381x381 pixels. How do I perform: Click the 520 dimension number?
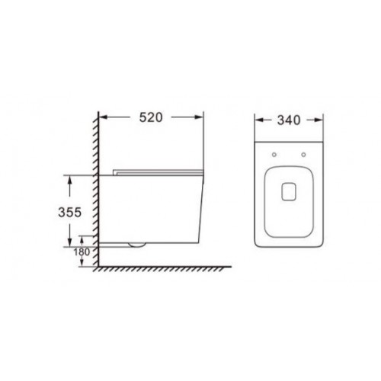click(x=151, y=117)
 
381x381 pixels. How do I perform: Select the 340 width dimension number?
click(x=289, y=120)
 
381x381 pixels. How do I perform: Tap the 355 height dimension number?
click(x=69, y=212)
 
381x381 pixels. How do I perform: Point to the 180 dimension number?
click(x=82, y=252)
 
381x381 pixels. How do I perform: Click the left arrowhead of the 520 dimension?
click(x=103, y=117)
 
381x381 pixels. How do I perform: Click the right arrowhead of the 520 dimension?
click(x=200, y=117)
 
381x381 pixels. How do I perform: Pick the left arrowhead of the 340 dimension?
click(x=259, y=120)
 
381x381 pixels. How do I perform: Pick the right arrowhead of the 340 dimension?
click(x=319, y=120)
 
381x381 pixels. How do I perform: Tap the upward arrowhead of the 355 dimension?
click(x=69, y=180)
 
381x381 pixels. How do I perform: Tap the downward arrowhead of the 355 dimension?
click(x=69, y=242)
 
